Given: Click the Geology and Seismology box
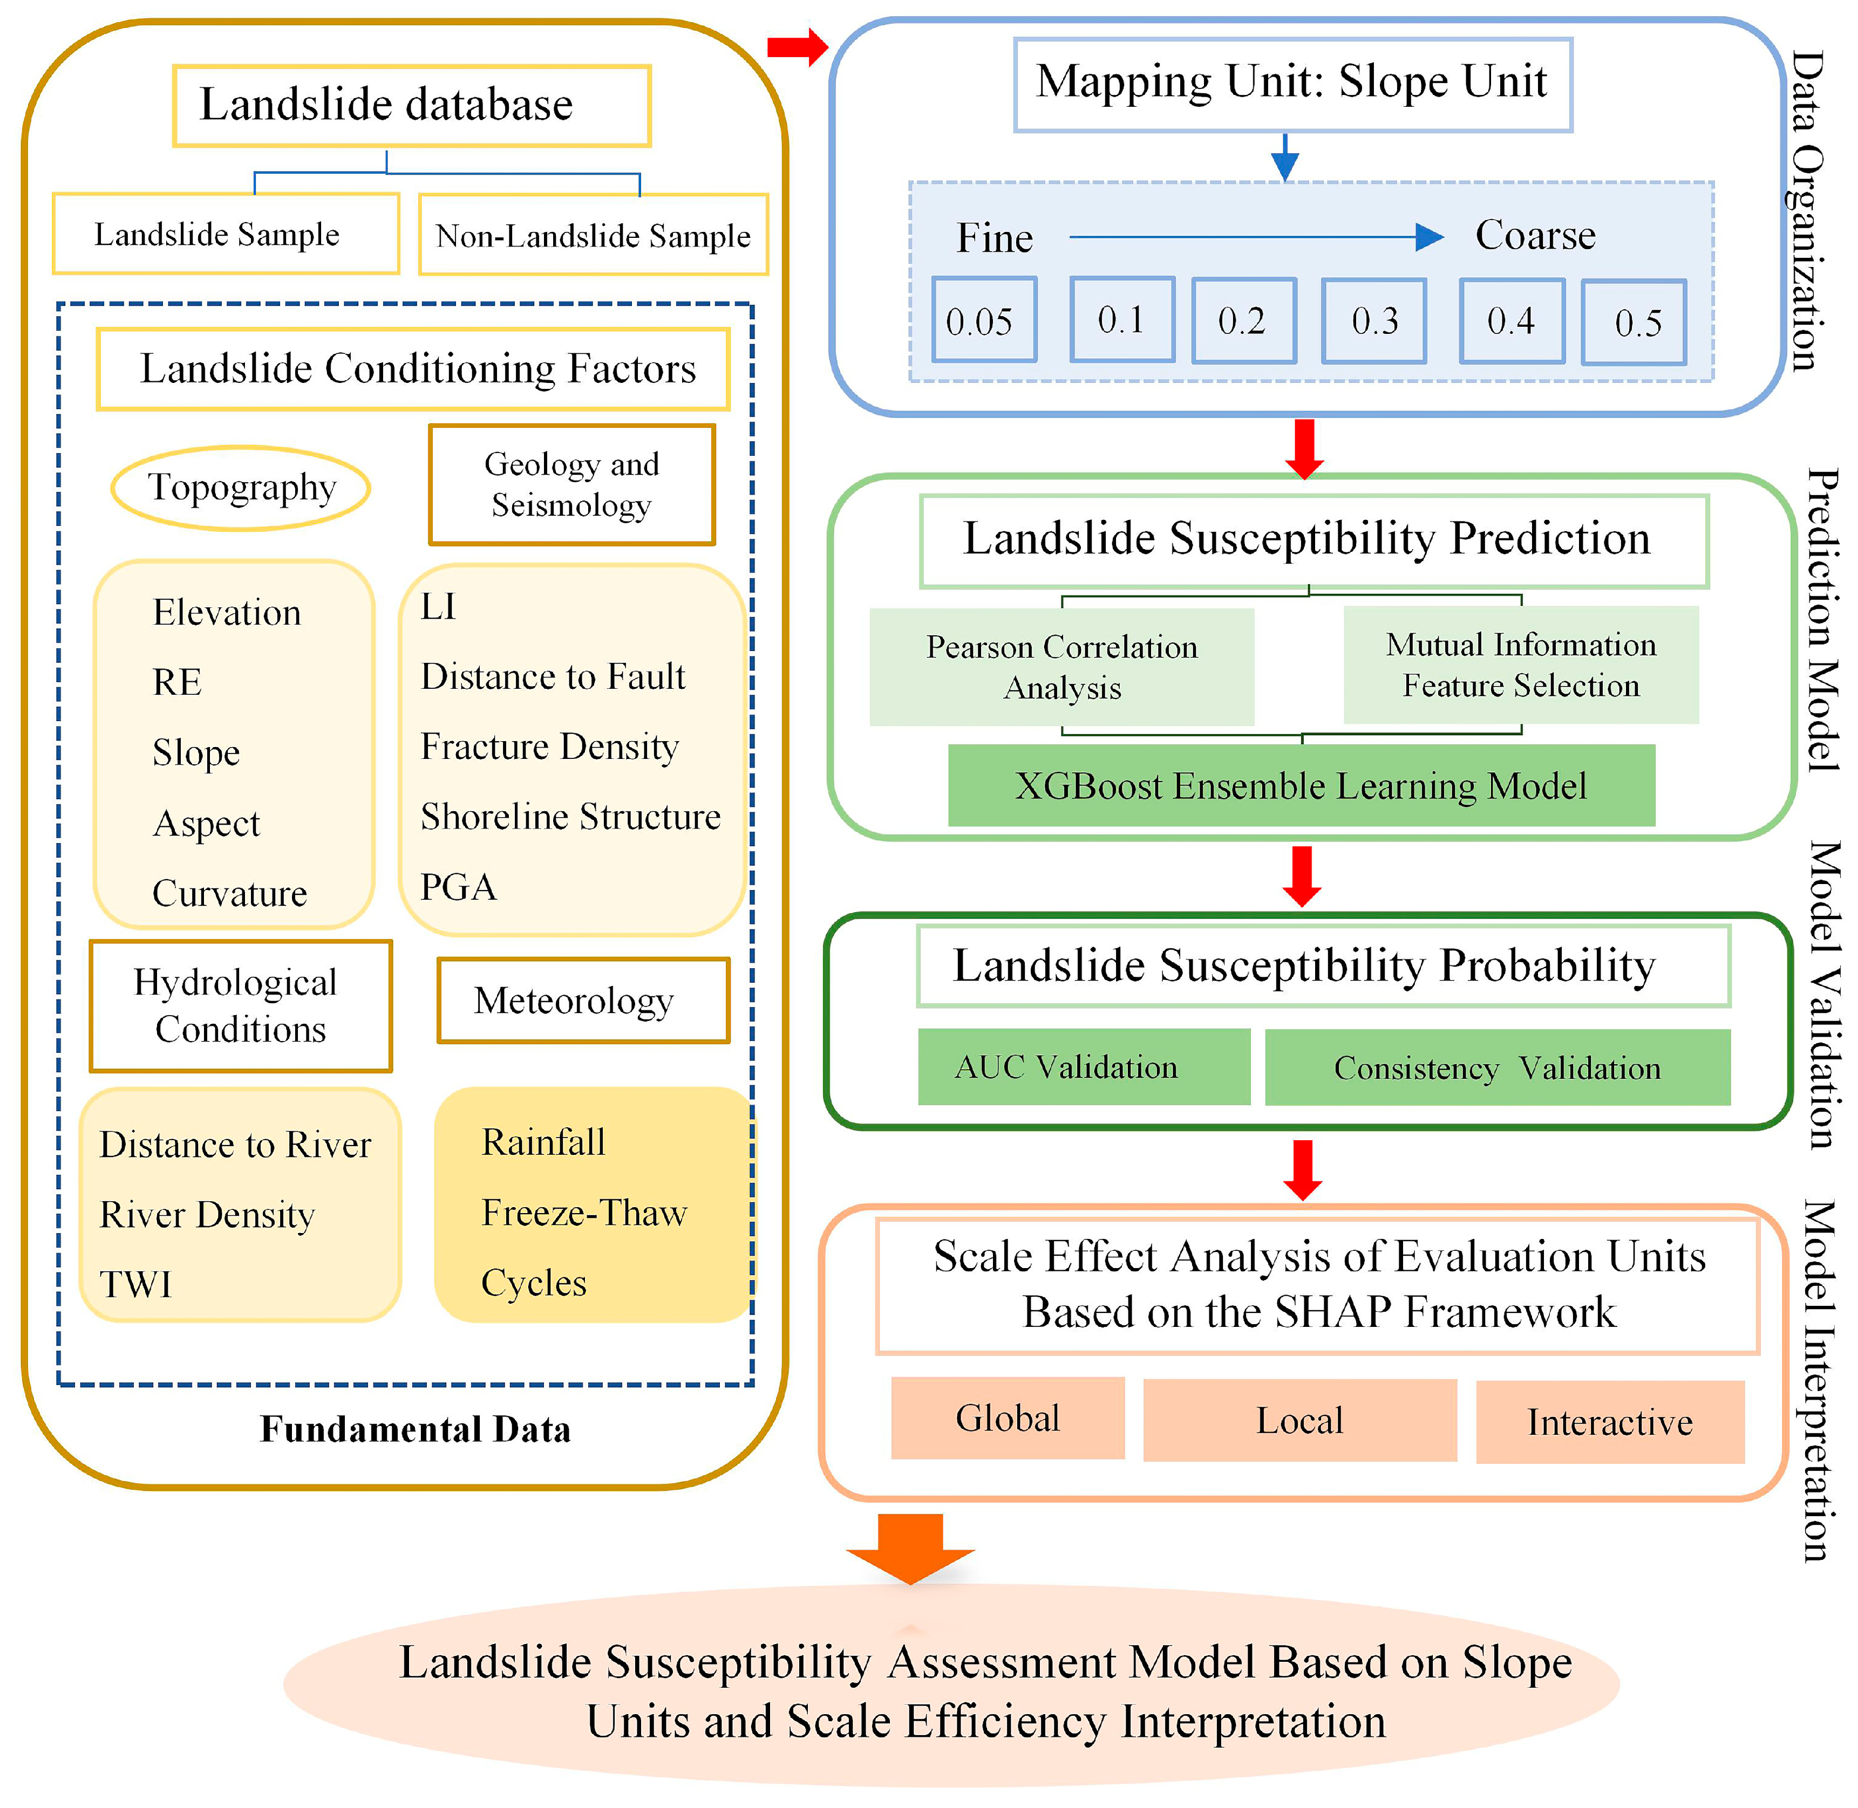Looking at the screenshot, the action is click(x=572, y=484).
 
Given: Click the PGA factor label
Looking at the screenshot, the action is click(x=458, y=887).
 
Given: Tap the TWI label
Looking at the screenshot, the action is click(x=136, y=1285).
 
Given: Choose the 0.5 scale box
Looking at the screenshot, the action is click(x=1634, y=322).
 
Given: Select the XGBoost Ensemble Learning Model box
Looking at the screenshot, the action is click(x=1302, y=785).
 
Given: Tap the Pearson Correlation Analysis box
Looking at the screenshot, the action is click(x=1062, y=667).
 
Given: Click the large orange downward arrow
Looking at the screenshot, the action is click(x=910, y=1548).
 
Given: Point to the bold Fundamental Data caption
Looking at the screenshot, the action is click(x=415, y=1429).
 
